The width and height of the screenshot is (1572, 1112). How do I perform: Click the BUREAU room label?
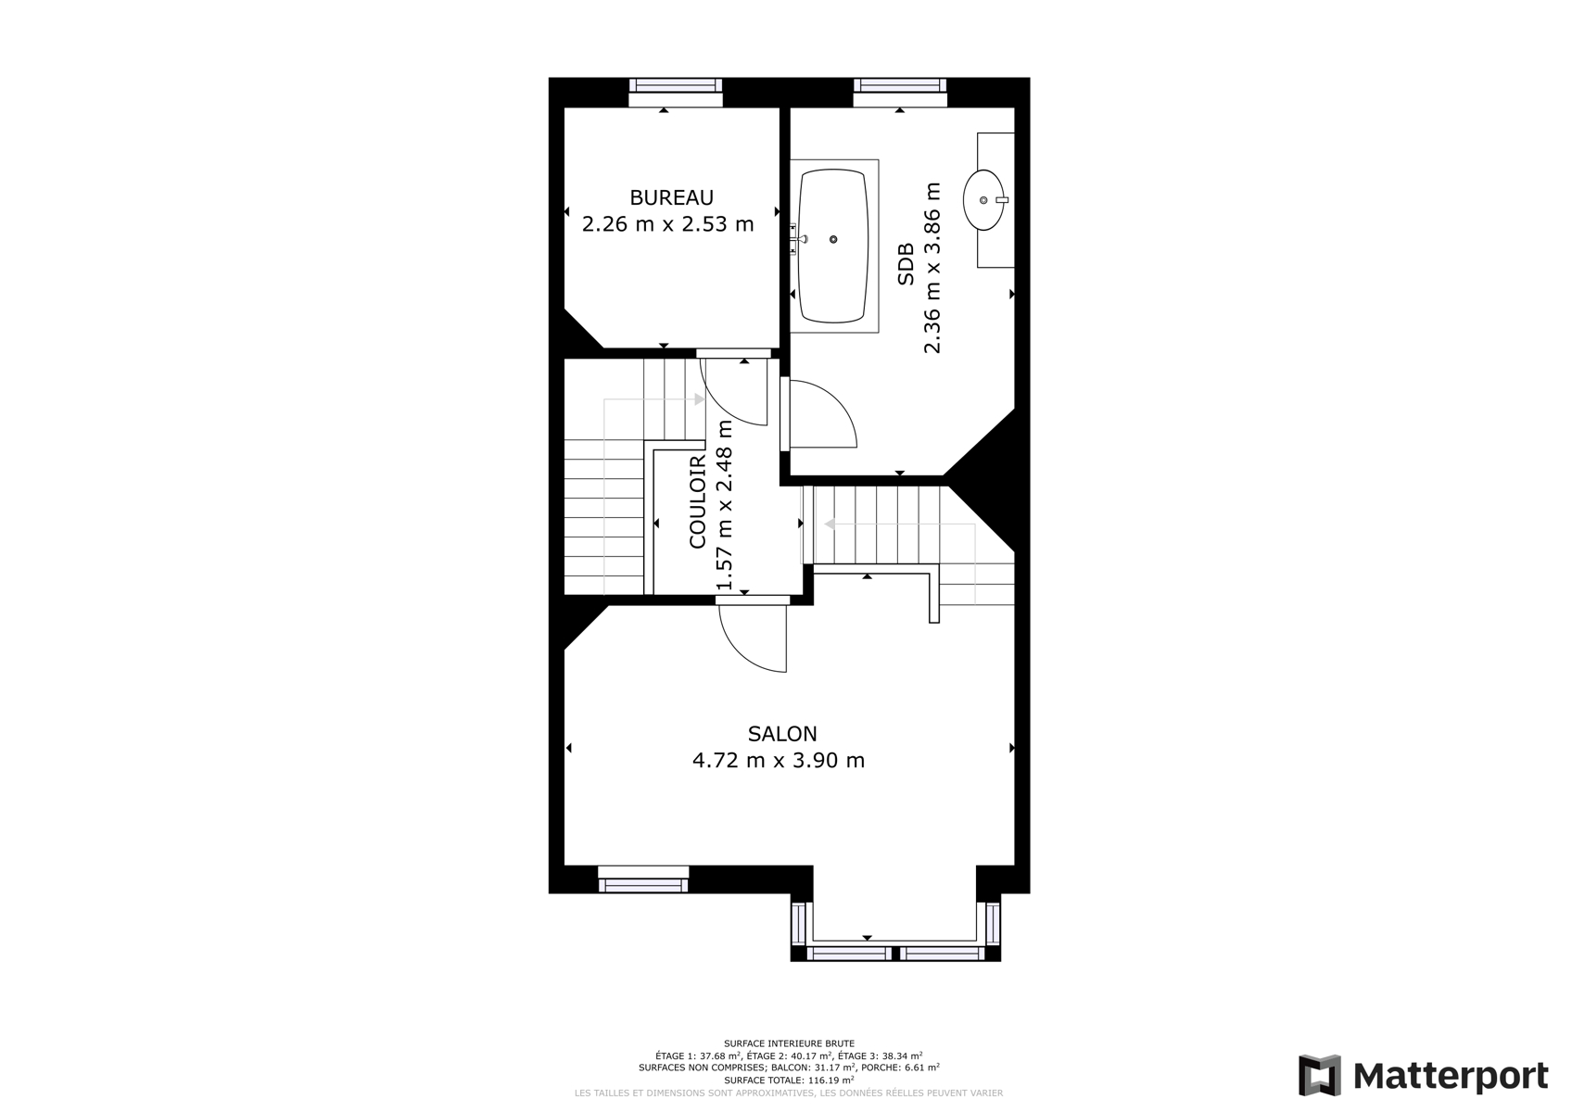(672, 198)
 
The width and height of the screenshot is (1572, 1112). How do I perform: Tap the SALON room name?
(782, 734)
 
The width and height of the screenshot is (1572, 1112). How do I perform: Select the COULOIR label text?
(698, 501)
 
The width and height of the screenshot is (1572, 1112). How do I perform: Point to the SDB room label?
(906, 264)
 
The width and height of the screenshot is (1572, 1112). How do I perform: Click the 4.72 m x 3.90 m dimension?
(779, 761)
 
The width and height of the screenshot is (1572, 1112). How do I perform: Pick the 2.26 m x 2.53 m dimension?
(668, 224)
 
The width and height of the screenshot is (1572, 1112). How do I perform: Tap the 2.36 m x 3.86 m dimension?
(932, 268)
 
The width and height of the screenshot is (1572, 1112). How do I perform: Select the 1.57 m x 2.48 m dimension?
(724, 505)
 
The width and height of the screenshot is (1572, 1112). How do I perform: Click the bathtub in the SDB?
(833, 246)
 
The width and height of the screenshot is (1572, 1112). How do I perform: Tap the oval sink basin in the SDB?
(984, 200)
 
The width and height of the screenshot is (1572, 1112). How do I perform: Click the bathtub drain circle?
(833, 240)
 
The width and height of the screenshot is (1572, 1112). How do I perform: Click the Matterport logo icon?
(1319, 1075)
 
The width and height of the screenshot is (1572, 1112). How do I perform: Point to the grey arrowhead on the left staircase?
(700, 399)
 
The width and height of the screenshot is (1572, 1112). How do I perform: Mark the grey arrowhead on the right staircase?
(829, 524)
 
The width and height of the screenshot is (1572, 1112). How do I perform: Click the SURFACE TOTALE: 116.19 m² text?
(789, 1080)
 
